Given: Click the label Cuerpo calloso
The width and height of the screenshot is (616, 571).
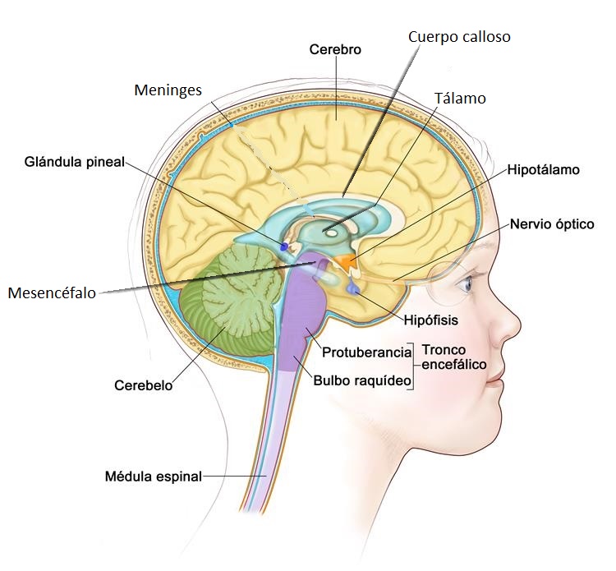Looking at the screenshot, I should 459,38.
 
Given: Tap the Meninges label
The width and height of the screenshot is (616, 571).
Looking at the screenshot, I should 168,90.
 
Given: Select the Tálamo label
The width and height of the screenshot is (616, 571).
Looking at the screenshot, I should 460,99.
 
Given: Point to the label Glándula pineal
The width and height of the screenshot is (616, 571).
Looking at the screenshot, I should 74,162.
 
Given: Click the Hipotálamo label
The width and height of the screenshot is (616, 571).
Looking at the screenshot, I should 544,170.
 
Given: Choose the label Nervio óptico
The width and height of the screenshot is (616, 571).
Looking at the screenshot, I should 551,223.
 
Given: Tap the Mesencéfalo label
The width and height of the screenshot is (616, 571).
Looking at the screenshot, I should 52,292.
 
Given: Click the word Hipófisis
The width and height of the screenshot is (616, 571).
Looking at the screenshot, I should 430,320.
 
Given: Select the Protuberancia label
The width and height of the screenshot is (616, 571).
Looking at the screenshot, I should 366,352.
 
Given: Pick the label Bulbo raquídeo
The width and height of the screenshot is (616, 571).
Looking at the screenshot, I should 361,380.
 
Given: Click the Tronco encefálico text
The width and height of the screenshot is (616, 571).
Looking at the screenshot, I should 454,357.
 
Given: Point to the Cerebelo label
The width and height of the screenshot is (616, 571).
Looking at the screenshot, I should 144,385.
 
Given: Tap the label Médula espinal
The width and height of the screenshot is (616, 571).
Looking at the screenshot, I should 153,476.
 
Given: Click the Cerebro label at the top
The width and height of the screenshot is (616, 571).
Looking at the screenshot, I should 335,49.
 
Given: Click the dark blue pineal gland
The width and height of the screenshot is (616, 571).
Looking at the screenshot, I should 285,246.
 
